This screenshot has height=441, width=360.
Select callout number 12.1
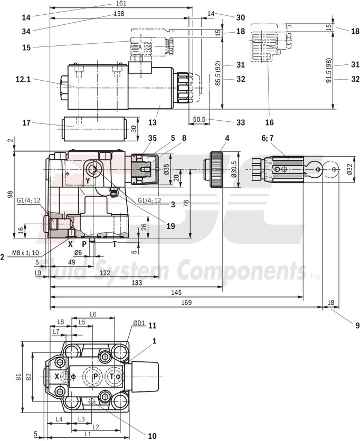23,79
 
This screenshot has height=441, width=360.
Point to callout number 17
26,123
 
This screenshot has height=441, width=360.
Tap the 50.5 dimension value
199,120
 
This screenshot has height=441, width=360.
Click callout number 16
269,122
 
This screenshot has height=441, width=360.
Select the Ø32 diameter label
349,169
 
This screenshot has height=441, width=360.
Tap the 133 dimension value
136,283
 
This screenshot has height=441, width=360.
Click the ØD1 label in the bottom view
139,324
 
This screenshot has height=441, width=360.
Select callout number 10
152,436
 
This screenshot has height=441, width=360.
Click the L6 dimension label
93,314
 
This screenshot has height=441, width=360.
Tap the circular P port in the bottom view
95,377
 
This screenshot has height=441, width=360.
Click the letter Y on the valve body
88,181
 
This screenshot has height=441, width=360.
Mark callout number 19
169,226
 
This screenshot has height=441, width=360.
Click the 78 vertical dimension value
185,204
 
